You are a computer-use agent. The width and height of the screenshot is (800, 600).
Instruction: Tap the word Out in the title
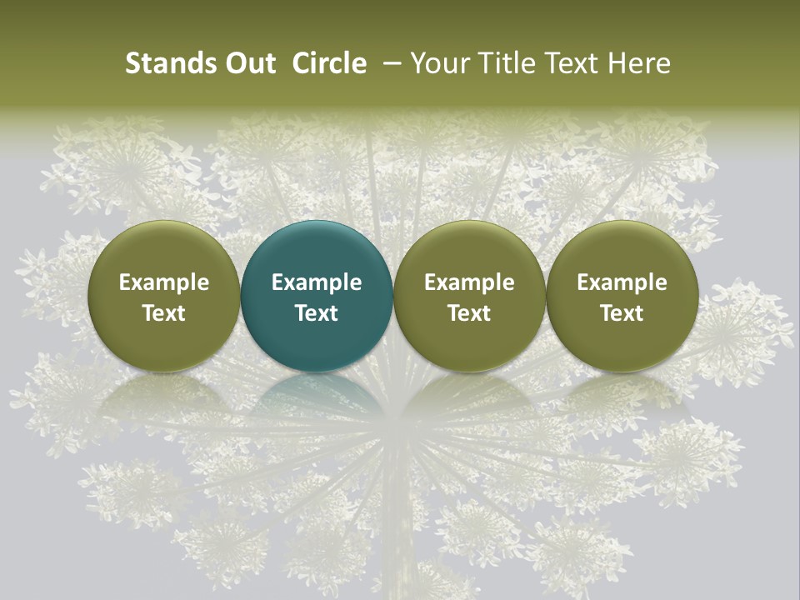249,63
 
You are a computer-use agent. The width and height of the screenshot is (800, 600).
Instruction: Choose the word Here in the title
640,63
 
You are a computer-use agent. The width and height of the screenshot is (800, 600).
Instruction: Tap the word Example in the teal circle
317,282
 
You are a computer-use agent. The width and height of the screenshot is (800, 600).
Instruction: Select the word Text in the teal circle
317,313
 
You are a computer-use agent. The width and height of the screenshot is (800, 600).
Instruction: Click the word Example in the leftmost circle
164,282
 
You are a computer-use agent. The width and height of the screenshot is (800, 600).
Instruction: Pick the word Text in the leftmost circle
164,313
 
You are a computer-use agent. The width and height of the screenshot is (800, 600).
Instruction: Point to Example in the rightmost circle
622,282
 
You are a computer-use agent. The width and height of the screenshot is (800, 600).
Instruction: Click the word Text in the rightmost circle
622,313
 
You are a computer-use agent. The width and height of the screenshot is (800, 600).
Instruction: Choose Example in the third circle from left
469,282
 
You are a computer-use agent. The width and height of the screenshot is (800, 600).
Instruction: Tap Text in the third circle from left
469,313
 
